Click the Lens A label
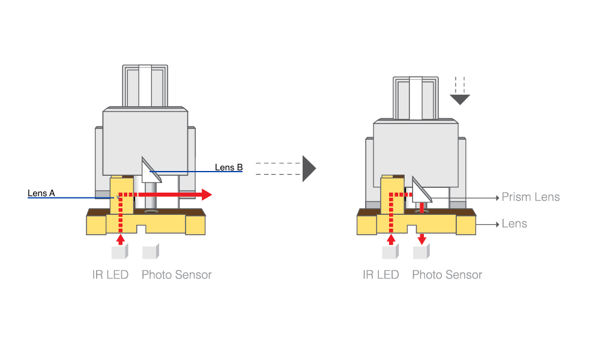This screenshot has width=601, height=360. [41, 193]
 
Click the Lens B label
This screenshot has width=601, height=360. [229, 167]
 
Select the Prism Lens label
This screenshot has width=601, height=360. [531, 197]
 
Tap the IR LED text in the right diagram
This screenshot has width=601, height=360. [381, 275]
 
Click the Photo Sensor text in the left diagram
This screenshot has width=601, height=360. [177, 275]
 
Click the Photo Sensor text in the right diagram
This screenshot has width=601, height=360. [447, 275]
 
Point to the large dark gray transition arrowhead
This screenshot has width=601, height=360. [308, 169]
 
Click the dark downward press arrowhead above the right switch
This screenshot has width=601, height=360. [460, 99]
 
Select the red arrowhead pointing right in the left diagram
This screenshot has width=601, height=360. [206, 194]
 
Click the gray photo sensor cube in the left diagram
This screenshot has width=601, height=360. [150, 251]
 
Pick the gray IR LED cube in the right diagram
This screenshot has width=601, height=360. [390, 252]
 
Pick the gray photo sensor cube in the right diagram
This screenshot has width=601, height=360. [421, 252]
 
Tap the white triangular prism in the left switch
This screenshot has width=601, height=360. [149, 171]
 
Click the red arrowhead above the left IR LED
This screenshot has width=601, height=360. [121, 239]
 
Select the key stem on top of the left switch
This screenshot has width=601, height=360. [145, 86]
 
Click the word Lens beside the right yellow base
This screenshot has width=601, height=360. [514, 224]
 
